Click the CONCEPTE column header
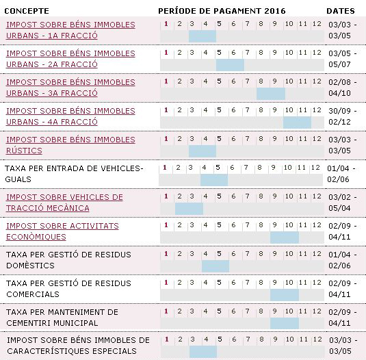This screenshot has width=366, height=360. click(27, 11)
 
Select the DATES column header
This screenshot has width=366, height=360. click(341, 11)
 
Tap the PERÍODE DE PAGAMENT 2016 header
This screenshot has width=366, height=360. click(222, 11)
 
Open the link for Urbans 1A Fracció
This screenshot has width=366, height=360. click(70, 30)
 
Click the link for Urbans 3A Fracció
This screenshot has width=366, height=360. click(70, 88)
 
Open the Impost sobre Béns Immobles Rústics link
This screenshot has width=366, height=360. click(70, 145)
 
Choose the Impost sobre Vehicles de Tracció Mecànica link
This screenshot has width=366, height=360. click(64, 203)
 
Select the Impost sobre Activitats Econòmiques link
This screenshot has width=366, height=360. click(62, 231)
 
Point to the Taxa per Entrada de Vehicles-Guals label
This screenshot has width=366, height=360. click(74, 174)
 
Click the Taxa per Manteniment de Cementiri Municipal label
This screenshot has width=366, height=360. click(62, 318)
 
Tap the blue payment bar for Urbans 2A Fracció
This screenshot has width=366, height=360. click(230, 65)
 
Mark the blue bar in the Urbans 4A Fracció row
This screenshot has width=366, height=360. click(297, 123)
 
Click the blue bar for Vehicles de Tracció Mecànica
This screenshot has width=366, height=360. click(189, 209)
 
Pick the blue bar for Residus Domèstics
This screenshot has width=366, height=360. click(215, 266)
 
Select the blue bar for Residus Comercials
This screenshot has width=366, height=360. click(285, 295)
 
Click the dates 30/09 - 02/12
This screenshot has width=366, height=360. click(343, 116)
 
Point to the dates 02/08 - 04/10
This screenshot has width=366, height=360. click(343, 88)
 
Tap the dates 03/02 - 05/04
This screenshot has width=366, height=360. click(343, 203)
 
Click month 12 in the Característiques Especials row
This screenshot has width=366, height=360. click(317, 339)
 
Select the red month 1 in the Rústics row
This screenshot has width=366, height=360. click(166, 139)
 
